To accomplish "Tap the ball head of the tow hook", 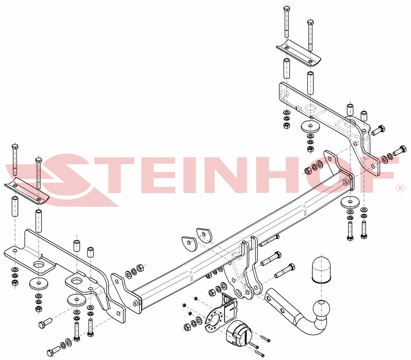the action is tap(321, 309).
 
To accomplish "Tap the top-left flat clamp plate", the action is tap(27, 190).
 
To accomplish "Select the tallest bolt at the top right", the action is tap(286, 22).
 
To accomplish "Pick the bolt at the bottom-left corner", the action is tap(53, 351).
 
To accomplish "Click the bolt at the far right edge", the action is tap(400, 150).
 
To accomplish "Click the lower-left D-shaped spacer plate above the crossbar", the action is tap(189, 243).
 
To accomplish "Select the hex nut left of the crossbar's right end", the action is tap(308, 171).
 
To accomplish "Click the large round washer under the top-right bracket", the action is tap(310, 127).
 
